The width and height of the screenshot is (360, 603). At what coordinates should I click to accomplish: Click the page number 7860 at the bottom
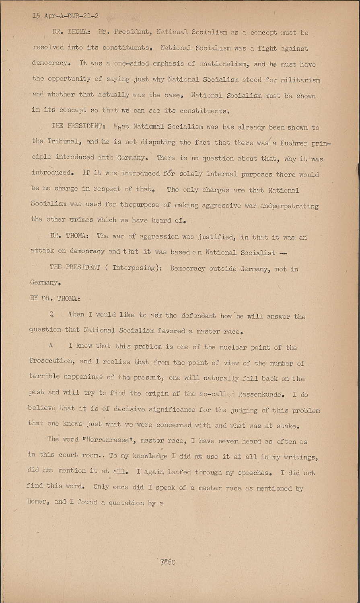[168, 562]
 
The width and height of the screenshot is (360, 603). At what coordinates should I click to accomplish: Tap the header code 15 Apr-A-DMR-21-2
[66, 16]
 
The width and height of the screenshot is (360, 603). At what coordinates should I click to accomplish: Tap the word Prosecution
[51, 361]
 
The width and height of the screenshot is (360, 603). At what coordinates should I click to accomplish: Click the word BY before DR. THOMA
[34, 298]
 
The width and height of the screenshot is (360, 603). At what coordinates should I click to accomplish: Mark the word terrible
[45, 377]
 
